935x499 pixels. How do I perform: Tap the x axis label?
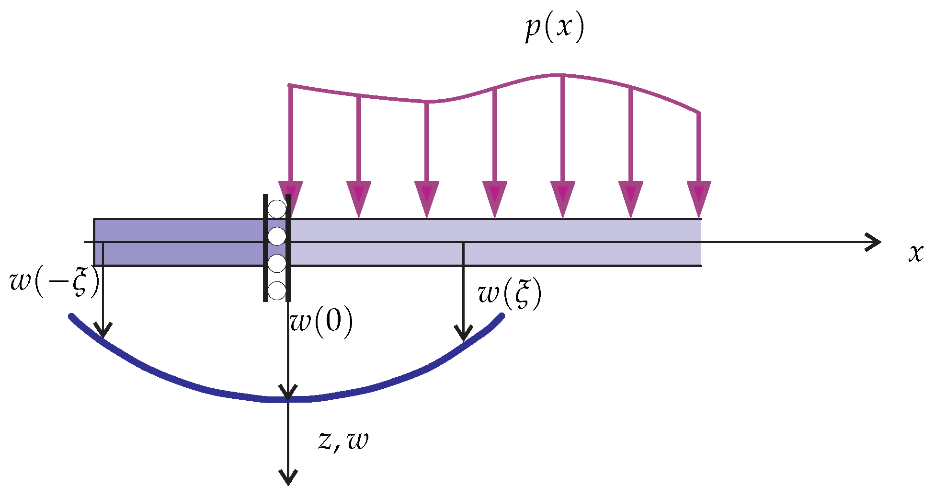coord(915,253)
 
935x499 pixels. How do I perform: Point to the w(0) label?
coord(321,322)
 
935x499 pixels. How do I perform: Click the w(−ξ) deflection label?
coord(55,281)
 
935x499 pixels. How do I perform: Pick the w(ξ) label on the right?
coord(510,294)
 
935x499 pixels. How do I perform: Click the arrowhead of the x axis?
coord(874,242)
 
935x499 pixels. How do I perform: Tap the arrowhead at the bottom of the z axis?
coord(288,477)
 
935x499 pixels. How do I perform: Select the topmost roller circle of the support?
coord(277,209)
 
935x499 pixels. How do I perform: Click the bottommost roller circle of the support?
coord(277,290)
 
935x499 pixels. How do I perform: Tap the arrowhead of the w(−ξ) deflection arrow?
coord(103,331)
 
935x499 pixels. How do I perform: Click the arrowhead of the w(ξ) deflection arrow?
coord(463,334)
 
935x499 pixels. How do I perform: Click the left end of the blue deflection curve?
coord(71,316)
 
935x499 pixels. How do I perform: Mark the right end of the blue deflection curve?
coord(502,315)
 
